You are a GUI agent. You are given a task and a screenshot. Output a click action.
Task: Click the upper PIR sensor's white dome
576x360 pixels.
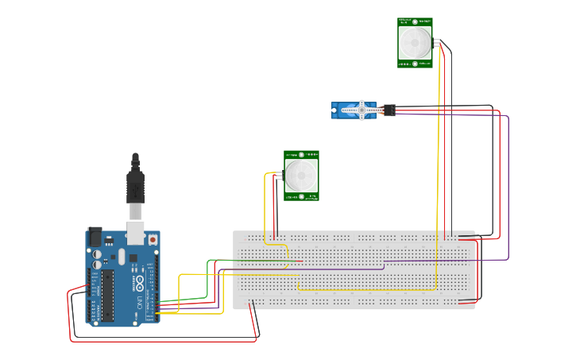point(415,41)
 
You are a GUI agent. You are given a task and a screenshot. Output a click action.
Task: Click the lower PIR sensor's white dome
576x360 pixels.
point(301,174)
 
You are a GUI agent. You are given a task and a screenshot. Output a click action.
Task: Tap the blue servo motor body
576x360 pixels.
point(348,110)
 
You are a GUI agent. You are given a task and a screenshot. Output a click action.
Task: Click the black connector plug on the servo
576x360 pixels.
point(389,110)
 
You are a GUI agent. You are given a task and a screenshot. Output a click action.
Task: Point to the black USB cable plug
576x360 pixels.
point(135,188)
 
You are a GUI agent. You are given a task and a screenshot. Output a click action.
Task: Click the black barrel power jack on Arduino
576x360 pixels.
point(95,237)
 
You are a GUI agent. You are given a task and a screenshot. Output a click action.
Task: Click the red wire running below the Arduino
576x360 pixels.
point(159,341)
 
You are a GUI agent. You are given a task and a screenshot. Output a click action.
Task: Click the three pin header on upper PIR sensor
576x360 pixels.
point(436,41)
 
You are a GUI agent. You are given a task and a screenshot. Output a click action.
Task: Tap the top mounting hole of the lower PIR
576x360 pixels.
point(301,154)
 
